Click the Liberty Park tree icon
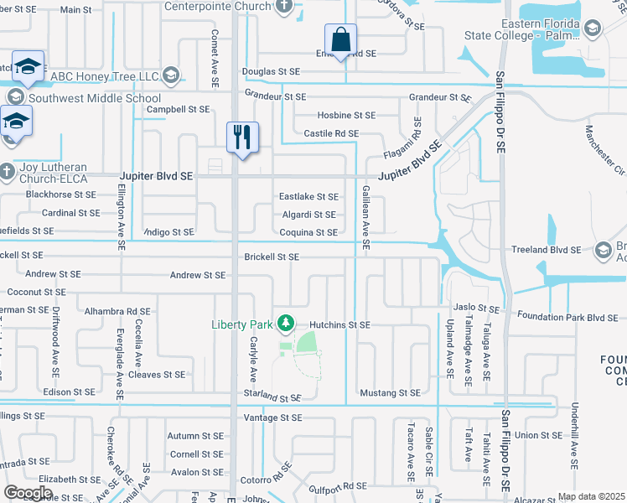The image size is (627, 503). pos(286,323)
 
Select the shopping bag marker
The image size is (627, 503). pos(341,39)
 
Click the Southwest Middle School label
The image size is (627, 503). pos(86,98)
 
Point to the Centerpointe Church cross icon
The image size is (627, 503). pos(285,7)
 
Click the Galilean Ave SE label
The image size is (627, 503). pos(366,219)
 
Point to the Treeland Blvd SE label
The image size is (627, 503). pos(547,250)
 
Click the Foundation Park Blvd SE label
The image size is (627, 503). pos(567,317)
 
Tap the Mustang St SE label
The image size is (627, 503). pos(389,392)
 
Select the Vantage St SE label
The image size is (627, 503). pos(272,417)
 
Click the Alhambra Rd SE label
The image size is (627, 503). pos(117,310)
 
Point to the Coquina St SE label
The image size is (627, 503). pos(308,232)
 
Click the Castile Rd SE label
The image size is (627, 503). pos(331,133)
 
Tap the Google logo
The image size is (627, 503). pos(28,493)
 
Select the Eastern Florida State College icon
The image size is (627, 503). pos(592,30)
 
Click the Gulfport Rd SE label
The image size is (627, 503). pos(338,486)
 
